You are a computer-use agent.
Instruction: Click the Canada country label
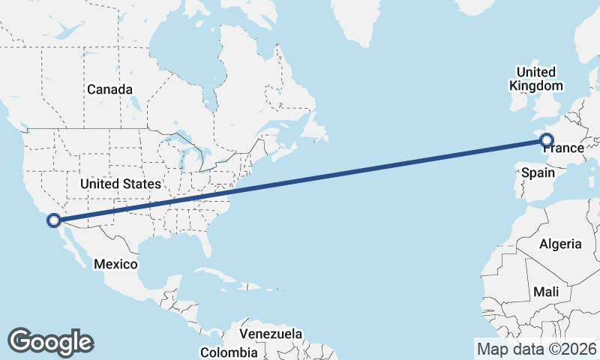coord(109,89)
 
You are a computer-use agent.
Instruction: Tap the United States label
coord(120,184)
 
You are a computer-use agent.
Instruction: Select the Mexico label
coord(115,264)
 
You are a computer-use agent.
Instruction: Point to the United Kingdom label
coord(535,79)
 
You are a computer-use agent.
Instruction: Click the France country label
coord(563,148)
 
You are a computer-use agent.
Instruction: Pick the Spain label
coord(538,172)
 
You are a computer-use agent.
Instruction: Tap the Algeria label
coord(560,244)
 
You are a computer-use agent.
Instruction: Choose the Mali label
coord(546,291)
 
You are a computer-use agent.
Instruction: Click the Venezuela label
coord(271,333)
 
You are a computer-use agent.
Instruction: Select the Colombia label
coord(229,352)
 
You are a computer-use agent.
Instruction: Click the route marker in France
coord(546,139)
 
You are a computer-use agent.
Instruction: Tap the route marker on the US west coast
coord(53,220)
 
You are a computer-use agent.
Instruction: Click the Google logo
coord(50,341)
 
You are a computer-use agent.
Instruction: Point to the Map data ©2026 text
coord(537,349)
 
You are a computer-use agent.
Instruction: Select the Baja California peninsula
coord(71,244)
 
